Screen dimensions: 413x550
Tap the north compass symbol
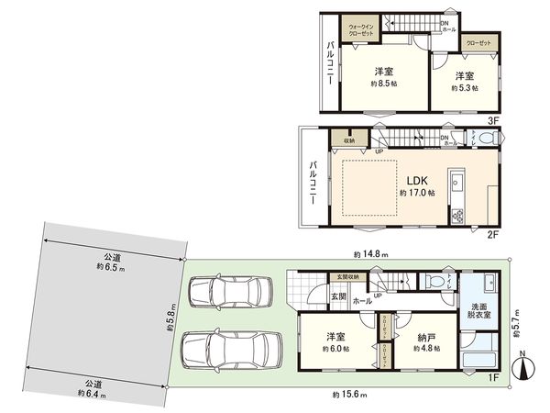(523, 368)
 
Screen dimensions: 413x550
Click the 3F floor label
(492, 120)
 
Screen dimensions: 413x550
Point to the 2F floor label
(492, 235)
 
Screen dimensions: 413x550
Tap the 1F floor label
(492, 377)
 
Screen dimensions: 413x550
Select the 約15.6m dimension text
(349, 395)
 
